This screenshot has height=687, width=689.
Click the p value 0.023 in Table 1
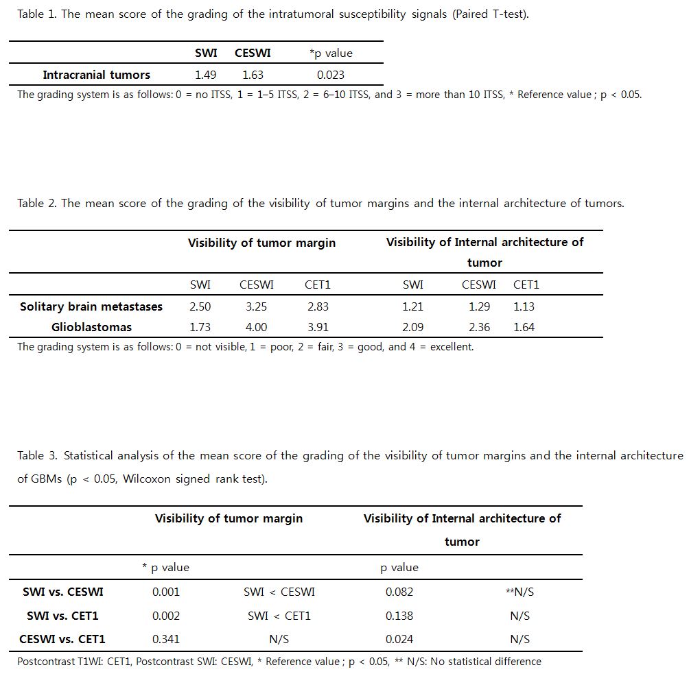click(x=330, y=75)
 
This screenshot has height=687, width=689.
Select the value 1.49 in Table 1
click(x=206, y=75)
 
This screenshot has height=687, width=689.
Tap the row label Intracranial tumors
click(x=96, y=75)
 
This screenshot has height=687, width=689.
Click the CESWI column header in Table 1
click(x=253, y=53)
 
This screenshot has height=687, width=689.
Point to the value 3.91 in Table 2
click(x=317, y=327)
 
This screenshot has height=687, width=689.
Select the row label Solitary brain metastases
click(x=91, y=306)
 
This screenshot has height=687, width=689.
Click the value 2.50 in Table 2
click(x=200, y=306)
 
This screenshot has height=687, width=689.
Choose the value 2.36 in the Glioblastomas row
click(x=479, y=327)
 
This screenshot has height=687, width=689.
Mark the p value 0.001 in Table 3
click(x=165, y=592)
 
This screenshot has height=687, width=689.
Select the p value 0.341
click(x=165, y=639)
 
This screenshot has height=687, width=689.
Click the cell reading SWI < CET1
click(x=279, y=616)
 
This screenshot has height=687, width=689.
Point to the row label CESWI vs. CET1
click(x=62, y=639)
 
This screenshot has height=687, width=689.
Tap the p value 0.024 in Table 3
click(x=399, y=639)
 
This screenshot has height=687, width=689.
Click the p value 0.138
click(x=399, y=616)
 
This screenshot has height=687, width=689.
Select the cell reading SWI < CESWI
click(x=279, y=592)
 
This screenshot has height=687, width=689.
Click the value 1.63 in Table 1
click(x=253, y=75)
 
